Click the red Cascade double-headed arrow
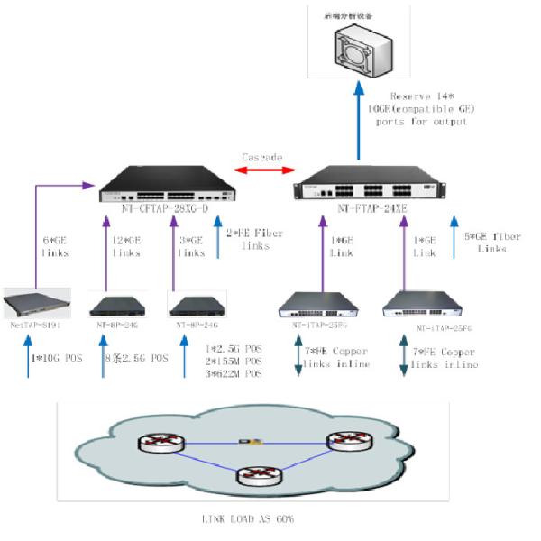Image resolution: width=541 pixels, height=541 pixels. [x=262, y=170]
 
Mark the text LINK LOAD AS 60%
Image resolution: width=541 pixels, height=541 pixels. [x=247, y=520]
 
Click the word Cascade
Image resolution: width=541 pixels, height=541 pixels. [x=262, y=157]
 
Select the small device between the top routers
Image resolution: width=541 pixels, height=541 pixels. [x=244, y=442]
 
